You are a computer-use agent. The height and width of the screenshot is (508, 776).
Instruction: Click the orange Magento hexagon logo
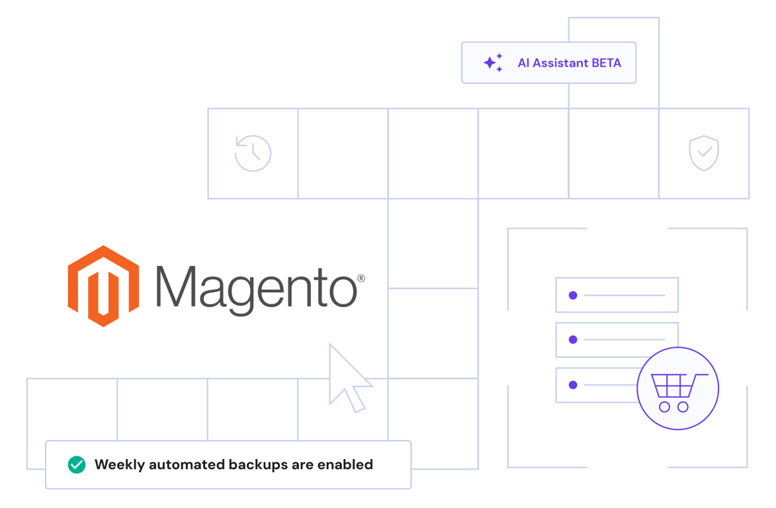tap(103, 286)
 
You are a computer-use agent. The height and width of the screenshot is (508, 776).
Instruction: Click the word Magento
tap(257, 286)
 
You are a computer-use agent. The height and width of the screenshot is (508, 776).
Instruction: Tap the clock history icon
tap(253, 153)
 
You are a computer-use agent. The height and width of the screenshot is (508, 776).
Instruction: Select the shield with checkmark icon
tap(704, 153)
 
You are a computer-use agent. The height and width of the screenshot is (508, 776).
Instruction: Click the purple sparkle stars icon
tap(493, 63)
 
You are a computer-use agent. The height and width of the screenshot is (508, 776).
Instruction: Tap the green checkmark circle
tap(77, 465)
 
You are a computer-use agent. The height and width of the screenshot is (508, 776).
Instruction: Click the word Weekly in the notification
tap(120, 464)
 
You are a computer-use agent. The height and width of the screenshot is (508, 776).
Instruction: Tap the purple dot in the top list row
tap(573, 295)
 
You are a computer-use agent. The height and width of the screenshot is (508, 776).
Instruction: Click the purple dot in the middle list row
tap(573, 340)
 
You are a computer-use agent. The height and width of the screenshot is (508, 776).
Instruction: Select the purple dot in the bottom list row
tap(573, 384)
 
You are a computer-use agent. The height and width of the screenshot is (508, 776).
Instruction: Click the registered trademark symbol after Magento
tap(361, 278)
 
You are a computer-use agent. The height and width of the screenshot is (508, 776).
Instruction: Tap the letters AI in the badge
tap(523, 63)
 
